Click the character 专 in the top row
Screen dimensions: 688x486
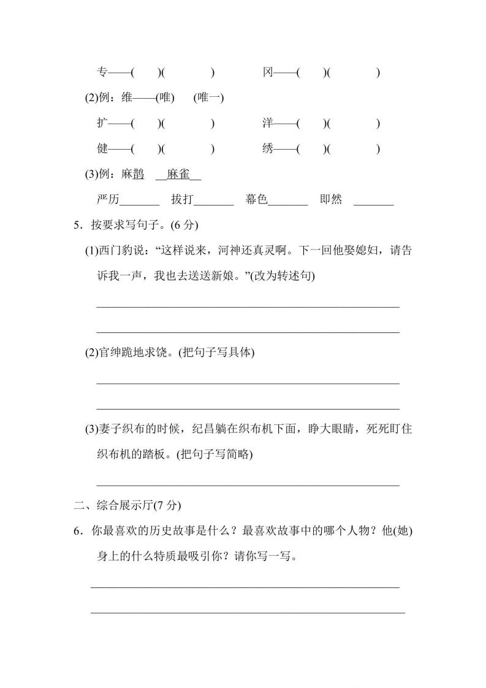[102, 73]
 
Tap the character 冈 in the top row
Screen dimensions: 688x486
[268, 73]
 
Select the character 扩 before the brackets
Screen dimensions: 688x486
[102, 123]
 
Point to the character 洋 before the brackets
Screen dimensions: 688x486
[268, 123]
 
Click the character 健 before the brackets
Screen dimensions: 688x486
[102, 149]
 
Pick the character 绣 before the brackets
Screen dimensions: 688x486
[268, 149]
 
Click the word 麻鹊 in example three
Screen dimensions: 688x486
[132, 175]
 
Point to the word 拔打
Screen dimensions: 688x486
[183, 200]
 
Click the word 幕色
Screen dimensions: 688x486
[257, 200]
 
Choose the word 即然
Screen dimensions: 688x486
[331, 200]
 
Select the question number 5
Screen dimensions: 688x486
[77, 225]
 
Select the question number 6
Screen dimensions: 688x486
[77, 532]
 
